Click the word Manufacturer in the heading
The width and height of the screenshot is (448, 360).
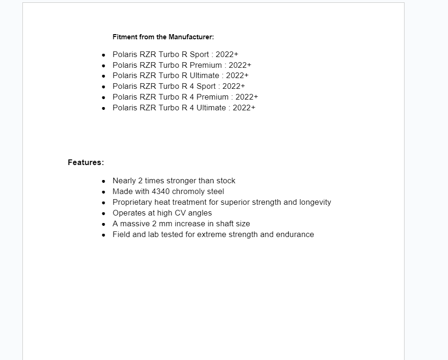coord(191,37)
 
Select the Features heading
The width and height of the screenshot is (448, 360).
coord(85,163)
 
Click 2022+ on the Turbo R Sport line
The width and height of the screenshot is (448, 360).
coord(227,55)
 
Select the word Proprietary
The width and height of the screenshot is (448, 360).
coord(131,202)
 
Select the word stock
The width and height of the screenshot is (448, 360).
coord(226,181)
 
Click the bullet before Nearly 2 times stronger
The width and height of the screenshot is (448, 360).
coord(104,181)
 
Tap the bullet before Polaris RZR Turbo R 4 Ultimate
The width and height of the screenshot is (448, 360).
coord(104,108)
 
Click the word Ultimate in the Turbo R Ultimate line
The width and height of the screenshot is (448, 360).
coord(204,76)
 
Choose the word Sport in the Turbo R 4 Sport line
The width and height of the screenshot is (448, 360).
coord(206,86)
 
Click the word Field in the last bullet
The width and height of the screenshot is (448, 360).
coord(121,235)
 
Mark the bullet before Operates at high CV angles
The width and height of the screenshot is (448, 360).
coord(104,214)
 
